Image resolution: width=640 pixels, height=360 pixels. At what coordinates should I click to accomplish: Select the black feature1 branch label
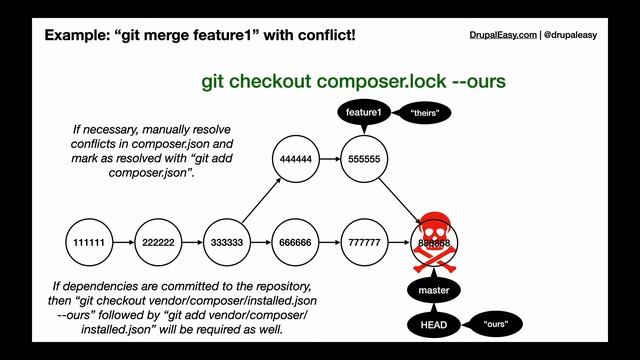[x=364, y=113]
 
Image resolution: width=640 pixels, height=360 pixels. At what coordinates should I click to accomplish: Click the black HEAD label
[x=434, y=325]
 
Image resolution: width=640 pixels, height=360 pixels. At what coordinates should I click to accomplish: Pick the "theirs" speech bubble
[x=425, y=114]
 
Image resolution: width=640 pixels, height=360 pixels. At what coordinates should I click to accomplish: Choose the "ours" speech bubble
[x=497, y=325]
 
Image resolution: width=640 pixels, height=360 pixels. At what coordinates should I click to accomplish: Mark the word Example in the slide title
[x=78, y=36]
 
